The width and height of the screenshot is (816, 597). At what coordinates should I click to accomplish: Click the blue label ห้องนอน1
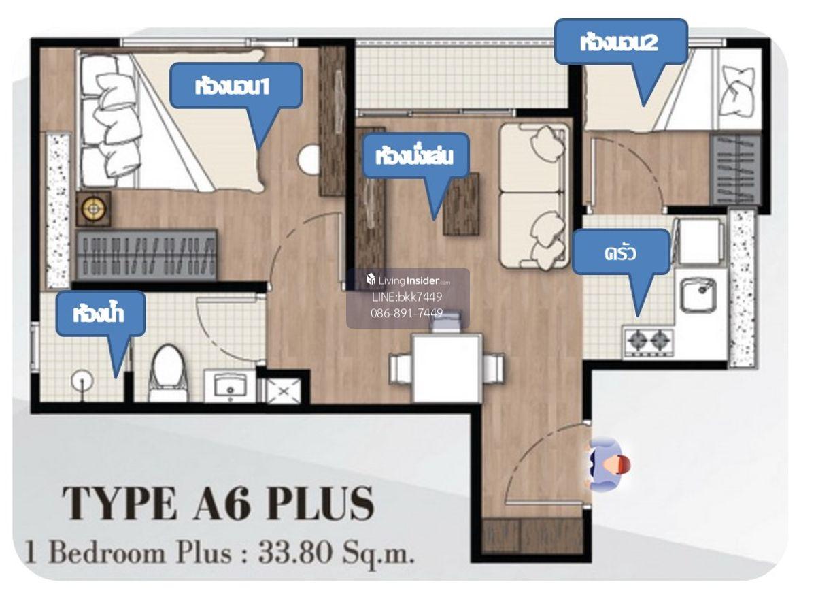click(x=236, y=86)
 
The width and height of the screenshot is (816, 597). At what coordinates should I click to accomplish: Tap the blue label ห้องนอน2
click(x=621, y=42)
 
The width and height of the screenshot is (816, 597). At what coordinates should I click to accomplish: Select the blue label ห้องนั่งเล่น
click(x=415, y=156)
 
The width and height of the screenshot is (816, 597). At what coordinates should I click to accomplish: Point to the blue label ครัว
click(x=621, y=253)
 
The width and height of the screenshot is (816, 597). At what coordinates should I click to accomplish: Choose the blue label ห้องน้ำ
click(x=100, y=314)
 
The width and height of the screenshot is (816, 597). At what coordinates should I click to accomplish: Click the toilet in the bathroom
click(x=168, y=373)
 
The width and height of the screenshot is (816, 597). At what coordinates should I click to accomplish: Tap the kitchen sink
click(x=698, y=295)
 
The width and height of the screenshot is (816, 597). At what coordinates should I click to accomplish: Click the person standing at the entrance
click(x=607, y=465)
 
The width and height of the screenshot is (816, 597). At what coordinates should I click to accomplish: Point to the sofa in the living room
click(x=534, y=197)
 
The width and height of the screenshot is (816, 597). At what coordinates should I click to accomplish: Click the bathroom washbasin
click(x=230, y=386)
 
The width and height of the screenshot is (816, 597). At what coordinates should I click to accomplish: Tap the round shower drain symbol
click(x=82, y=381)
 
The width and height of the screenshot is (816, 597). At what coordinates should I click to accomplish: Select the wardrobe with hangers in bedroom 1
click(x=147, y=255)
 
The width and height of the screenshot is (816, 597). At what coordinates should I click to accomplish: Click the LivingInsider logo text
click(x=408, y=280)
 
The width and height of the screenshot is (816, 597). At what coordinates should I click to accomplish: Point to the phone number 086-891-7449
click(x=407, y=312)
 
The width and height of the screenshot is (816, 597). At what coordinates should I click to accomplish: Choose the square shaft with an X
click(x=284, y=391)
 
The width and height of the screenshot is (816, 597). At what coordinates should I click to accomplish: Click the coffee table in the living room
click(x=461, y=204)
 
